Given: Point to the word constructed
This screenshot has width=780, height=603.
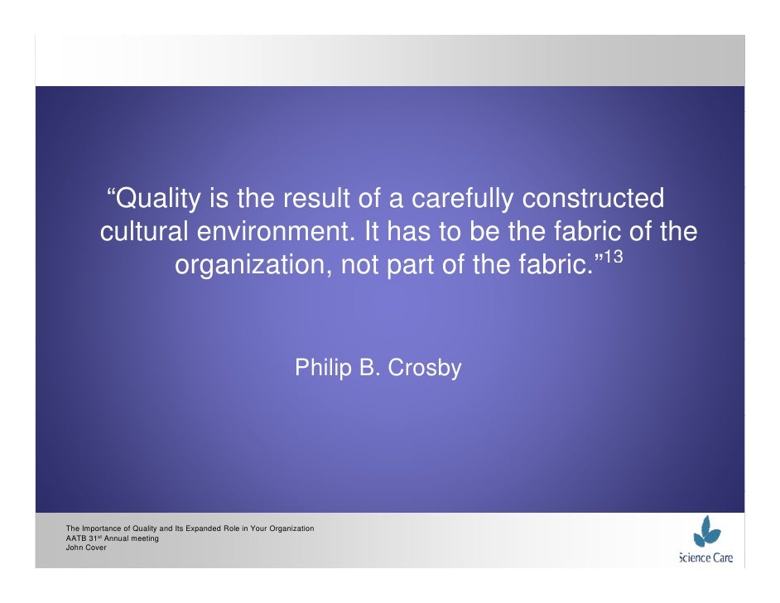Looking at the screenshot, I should [595, 200].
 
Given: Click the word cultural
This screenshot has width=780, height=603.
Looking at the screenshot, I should [145, 234].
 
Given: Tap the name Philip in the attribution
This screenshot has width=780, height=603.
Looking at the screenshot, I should [323, 369].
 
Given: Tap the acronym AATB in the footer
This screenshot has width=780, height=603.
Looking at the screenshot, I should [75, 538].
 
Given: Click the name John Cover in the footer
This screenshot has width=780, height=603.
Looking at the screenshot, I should [86, 548].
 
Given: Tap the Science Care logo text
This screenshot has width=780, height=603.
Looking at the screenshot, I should [706, 558].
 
